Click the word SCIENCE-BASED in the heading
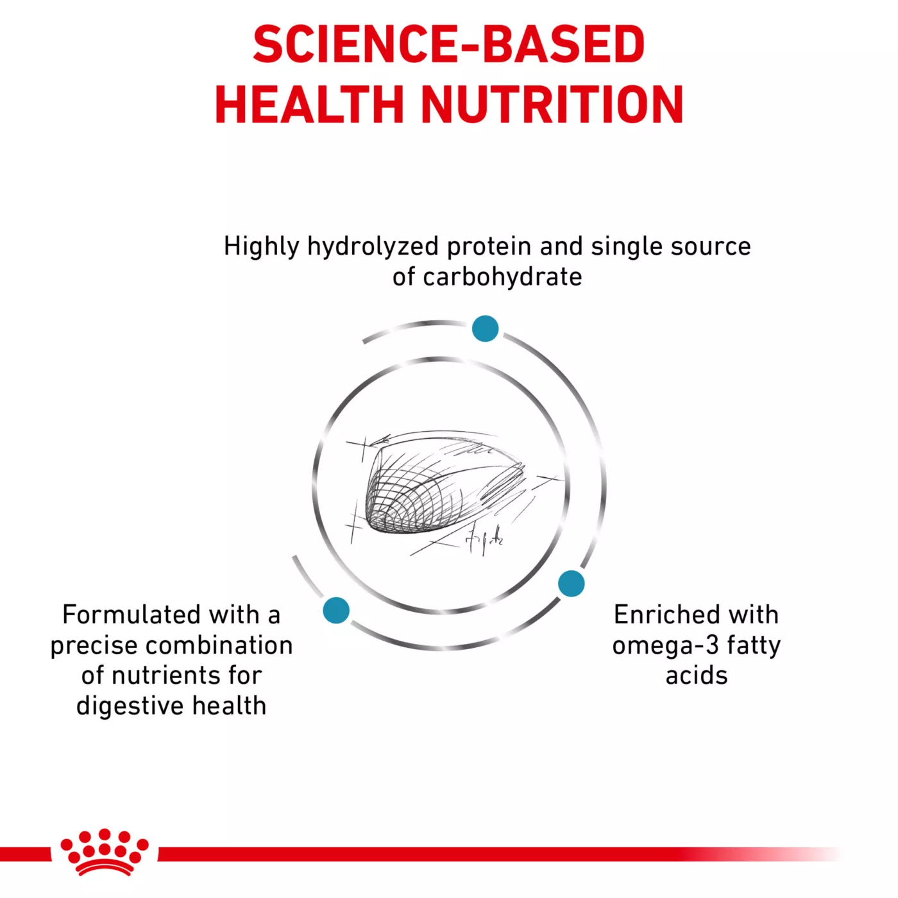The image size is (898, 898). pyautogui.click(x=448, y=45)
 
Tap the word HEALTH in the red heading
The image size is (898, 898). pyautogui.click(x=309, y=105)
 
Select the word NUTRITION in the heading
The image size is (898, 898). pyautogui.click(x=552, y=105)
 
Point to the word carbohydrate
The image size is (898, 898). pyautogui.click(x=502, y=277)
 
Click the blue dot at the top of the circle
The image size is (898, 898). pyautogui.click(x=485, y=328)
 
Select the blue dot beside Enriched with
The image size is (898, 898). pyautogui.click(x=571, y=583)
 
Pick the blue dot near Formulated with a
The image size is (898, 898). pyautogui.click(x=336, y=609)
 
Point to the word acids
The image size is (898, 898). pyautogui.click(x=697, y=675)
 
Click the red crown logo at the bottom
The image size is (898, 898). pyautogui.click(x=105, y=852)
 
